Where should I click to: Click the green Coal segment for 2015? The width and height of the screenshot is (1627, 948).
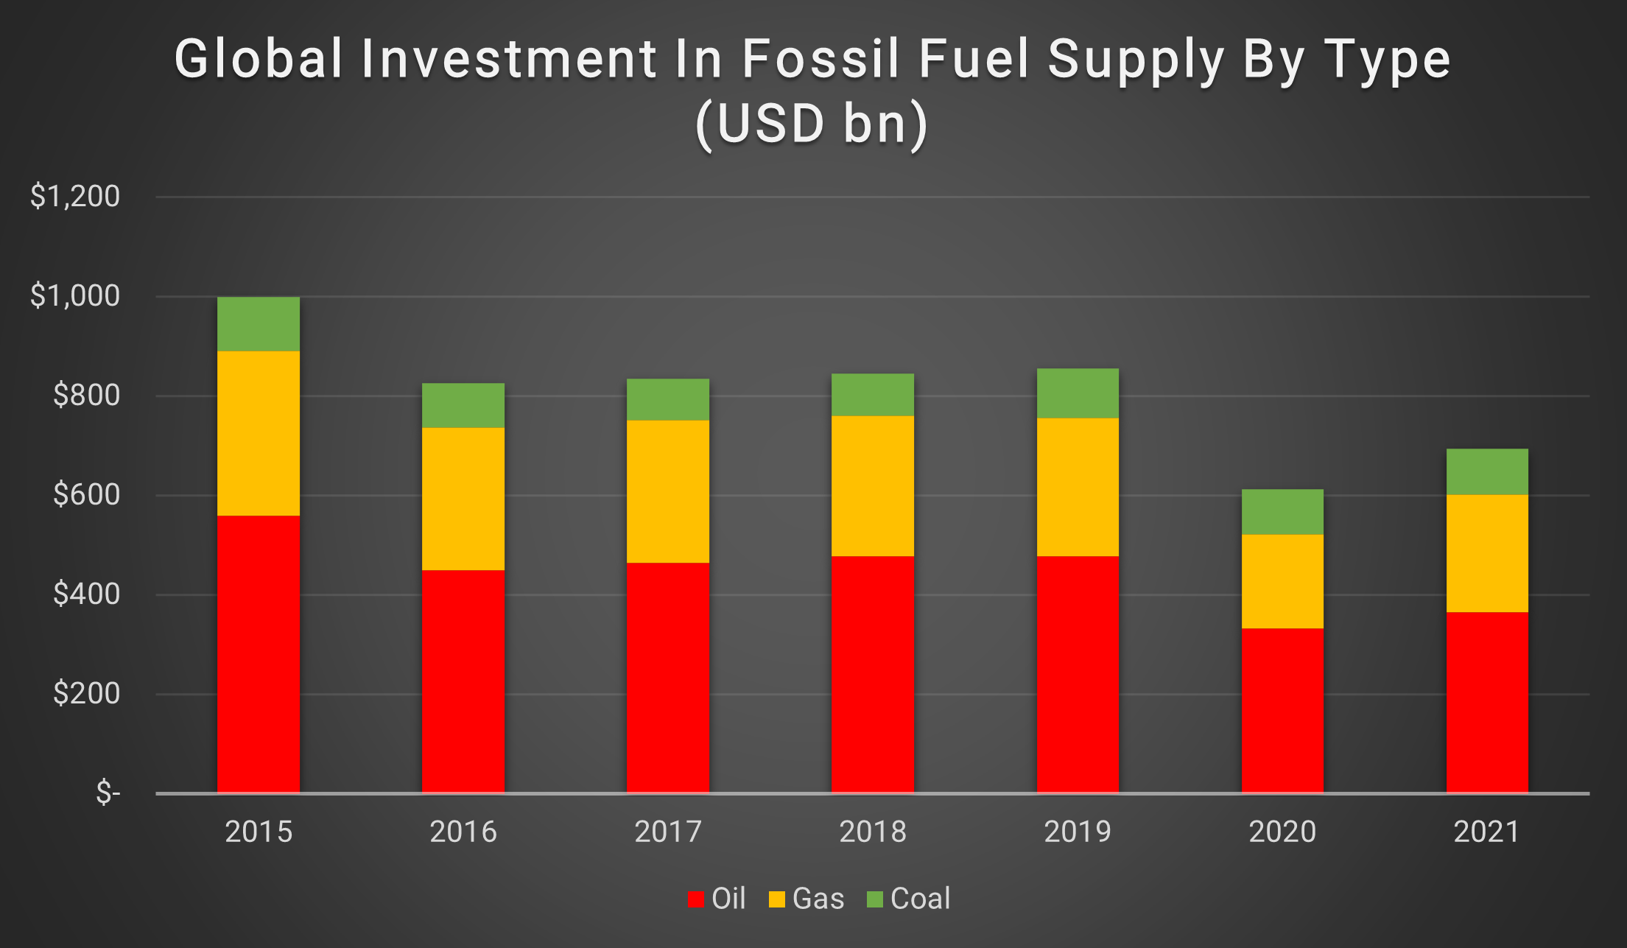pos(259,324)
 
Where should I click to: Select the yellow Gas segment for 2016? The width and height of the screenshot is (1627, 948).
pos(463,499)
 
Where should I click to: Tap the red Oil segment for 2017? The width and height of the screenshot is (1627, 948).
pos(668,678)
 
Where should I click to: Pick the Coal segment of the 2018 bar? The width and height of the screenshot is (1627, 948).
pos(873,395)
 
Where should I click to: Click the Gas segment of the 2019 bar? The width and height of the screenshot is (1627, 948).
pos(1078,487)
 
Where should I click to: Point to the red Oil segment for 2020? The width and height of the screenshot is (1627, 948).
pos(1282,710)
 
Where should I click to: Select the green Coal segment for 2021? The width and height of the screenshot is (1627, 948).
pos(1487,471)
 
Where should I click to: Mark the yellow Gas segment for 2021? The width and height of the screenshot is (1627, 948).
pos(1487,553)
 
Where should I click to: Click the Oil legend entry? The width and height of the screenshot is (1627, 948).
pos(717,899)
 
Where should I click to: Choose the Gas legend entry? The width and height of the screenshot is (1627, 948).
pos(807,899)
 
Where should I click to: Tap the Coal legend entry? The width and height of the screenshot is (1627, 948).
pos(909,899)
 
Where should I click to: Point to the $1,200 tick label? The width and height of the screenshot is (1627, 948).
pos(74,196)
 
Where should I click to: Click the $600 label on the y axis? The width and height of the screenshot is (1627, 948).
pos(85,494)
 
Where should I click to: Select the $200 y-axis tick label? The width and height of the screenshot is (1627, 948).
pos(85,693)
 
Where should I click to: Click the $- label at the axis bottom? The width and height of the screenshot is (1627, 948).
pos(108,793)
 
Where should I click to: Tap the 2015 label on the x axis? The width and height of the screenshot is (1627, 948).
pos(259,832)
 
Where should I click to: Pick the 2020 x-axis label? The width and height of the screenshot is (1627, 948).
pos(1282,832)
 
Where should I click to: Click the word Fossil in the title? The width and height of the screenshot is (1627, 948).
pos(820,59)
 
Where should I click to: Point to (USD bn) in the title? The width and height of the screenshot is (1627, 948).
pos(812,123)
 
